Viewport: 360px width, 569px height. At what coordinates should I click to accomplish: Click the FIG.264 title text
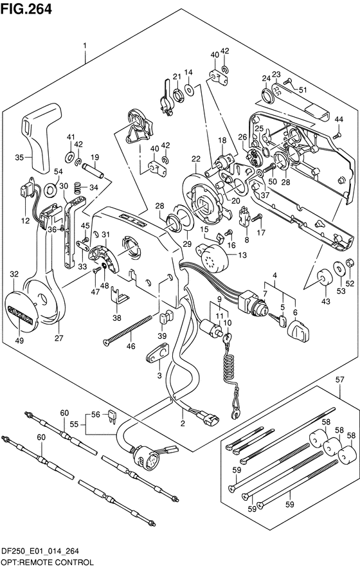(26, 9)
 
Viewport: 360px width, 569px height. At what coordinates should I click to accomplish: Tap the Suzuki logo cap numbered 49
(20, 309)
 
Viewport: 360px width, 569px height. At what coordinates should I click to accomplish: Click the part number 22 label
(196, 159)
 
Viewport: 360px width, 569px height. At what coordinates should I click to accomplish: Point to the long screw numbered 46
(127, 330)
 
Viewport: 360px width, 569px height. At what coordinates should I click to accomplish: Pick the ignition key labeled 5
(278, 320)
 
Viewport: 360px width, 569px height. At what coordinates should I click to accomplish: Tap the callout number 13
(242, 255)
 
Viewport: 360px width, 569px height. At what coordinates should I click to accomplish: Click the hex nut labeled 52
(350, 262)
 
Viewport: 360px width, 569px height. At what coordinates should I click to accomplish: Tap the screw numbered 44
(336, 136)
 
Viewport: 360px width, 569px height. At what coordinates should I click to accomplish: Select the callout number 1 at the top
(85, 46)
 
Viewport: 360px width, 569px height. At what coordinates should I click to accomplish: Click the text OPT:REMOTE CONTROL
(47, 563)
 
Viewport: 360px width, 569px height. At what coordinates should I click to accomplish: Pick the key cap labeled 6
(299, 330)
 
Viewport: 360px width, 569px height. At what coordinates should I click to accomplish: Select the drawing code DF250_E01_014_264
(40, 551)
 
